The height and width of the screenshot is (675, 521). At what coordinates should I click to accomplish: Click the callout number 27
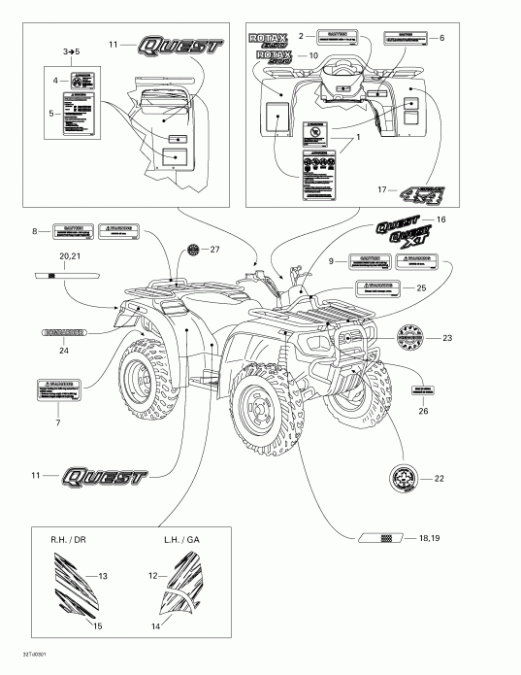tap(215, 250)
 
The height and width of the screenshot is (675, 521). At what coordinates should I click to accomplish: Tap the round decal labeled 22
tap(404, 478)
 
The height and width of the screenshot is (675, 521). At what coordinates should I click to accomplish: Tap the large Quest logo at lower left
tap(103, 477)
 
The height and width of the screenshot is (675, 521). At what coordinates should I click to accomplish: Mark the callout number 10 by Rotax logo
tap(312, 57)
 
